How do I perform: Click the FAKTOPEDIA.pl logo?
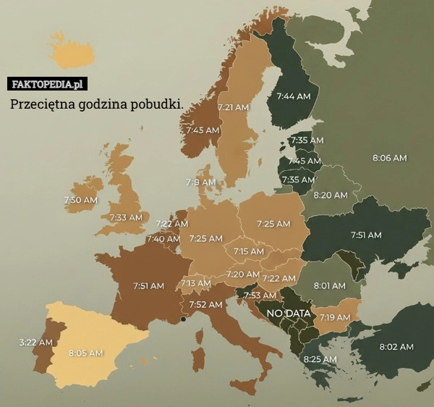click(47, 84)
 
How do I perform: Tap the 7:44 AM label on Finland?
click(294, 96)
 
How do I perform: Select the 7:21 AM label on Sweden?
click(233, 107)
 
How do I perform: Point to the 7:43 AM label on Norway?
click(203, 130)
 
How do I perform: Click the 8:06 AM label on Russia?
click(389, 157)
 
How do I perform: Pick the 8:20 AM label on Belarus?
click(330, 195)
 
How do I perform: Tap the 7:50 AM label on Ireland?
click(80, 200)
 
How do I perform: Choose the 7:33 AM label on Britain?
click(126, 217)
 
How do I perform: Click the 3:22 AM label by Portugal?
click(35, 342)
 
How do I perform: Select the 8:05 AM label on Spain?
click(86, 353)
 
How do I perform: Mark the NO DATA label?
click(289, 314)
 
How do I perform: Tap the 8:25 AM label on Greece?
click(320, 359)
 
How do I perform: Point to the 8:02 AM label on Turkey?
click(396, 347)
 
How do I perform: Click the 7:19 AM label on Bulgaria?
click(335, 317)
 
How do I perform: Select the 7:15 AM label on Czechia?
click(248, 251)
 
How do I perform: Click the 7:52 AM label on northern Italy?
click(205, 305)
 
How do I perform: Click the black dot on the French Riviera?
click(184, 319)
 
